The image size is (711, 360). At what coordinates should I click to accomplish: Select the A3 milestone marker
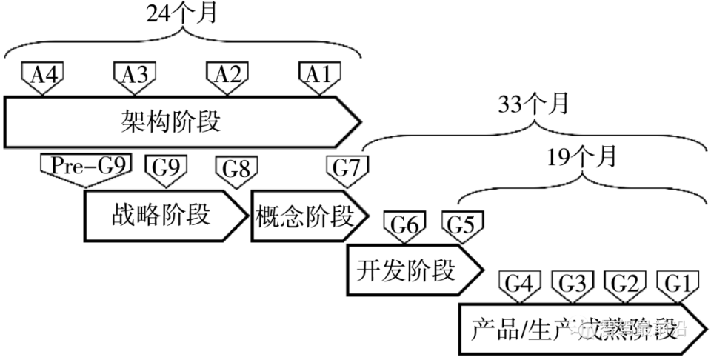(x=133, y=75)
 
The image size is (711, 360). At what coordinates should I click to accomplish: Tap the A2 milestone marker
(x=227, y=75)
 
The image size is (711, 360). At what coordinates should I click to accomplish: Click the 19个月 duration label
(x=581, y=157)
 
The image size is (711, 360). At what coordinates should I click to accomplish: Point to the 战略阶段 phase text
(x=159, y=216)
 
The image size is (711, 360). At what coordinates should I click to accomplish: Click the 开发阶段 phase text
(x=406, y=271)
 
